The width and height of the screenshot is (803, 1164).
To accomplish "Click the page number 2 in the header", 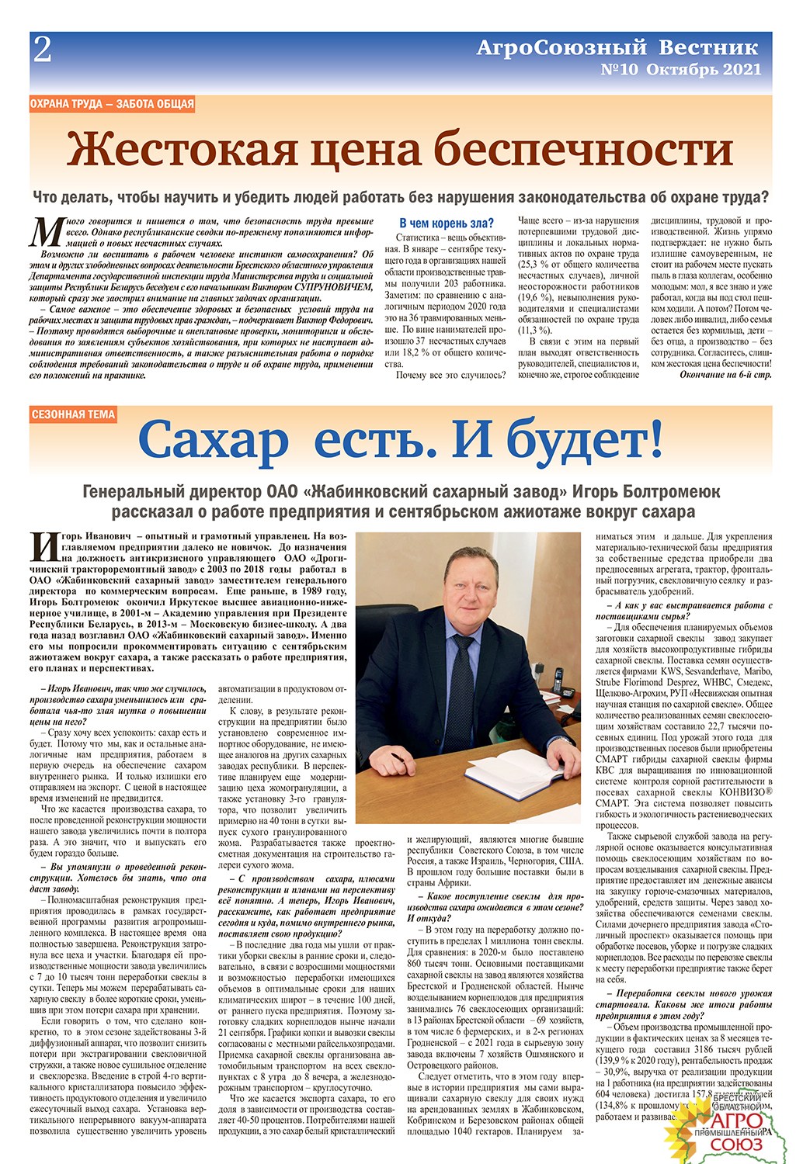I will point(42,50).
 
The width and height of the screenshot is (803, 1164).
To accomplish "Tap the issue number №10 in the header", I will point(620,70).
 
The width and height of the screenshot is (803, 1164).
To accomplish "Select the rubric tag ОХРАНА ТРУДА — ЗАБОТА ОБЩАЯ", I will point(112,104).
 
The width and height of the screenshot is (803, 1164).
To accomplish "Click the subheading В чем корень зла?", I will point(446,223).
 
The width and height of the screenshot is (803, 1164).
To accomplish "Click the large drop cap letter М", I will point(46,231).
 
